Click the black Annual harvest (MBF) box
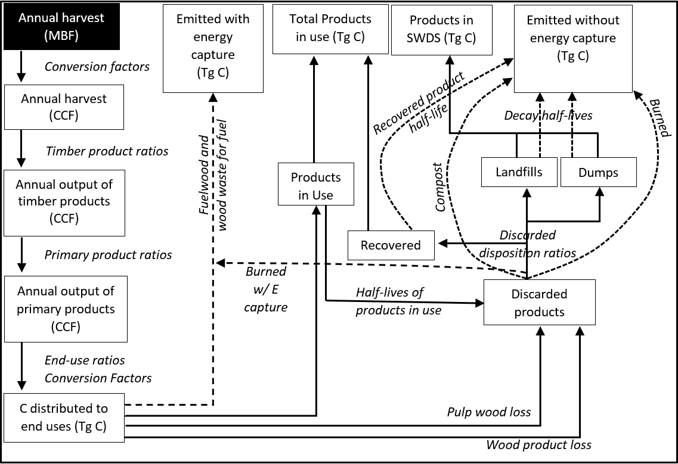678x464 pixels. coord(61,27)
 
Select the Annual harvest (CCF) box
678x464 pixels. coord(64,107)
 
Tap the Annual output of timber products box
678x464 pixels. coord(64,202)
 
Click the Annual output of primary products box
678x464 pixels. coord(66,309)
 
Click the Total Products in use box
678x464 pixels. coord(330,28)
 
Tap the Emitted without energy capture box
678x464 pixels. coord(572,47)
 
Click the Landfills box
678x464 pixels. coord(519,172)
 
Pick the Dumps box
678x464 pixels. coord(598,173)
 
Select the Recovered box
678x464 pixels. coord(391,245)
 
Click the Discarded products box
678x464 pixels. coord(539,303)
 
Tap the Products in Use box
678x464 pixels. coord(315,186)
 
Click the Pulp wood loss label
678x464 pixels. coord(488,412)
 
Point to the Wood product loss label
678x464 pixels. coord(538,445)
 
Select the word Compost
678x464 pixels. coord(440,186)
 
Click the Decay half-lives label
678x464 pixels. coord(548,116)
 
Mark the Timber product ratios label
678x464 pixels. coord(107,151)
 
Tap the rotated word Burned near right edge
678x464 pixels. coord(659,118)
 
